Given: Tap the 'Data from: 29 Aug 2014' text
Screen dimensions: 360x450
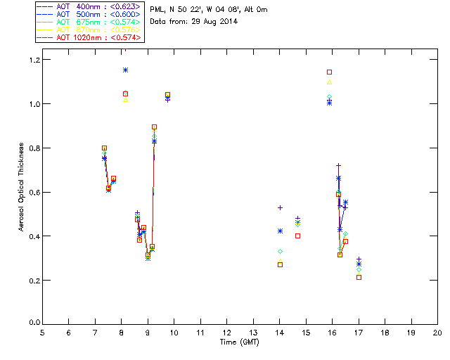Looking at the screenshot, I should tap(194, 21).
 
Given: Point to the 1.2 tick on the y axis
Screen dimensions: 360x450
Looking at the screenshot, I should tap(33, 60).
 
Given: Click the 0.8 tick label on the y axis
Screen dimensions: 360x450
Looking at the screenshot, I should tap(33, 148).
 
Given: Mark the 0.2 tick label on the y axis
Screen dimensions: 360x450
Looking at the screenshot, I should tap(33, 280).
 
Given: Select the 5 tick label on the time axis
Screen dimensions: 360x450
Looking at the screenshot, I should tap(42, 333).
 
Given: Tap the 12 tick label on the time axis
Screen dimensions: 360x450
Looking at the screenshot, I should tap(226, 333).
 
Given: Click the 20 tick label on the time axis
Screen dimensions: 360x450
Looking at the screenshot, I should tap(437, 333).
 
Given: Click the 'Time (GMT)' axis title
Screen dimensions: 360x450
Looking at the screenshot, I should tap(239, 342).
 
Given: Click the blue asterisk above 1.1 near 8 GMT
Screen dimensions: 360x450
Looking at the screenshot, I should tap(125, 70).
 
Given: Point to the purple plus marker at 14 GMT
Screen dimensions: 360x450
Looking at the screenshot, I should tap(280, 207).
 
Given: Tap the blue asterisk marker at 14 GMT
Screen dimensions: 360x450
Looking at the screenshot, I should tap(280, 231).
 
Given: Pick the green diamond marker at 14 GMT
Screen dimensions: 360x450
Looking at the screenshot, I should tap(280, 251).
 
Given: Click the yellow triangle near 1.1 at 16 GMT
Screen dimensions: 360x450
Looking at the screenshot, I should tap(329, 82).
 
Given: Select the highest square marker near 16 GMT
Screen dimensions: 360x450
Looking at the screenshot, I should tap(329, 72).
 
